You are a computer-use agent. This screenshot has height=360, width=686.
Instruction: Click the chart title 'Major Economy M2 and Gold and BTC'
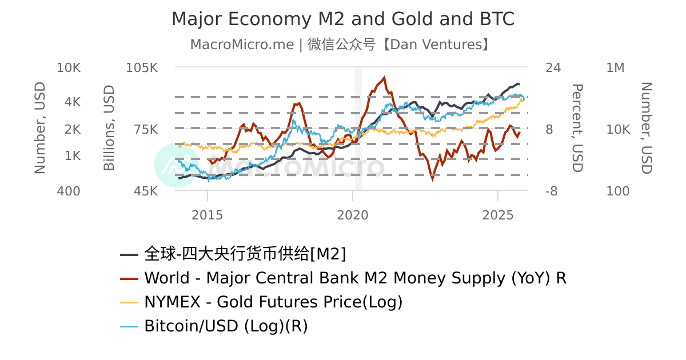click(343, 19)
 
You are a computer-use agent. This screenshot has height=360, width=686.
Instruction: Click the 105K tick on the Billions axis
click(142, 68)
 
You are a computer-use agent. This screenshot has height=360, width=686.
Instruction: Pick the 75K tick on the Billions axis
click(145, 129)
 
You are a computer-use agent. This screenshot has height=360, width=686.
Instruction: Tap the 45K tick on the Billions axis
click(145, 191)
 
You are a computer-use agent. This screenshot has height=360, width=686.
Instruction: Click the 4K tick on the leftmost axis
click(73, 102)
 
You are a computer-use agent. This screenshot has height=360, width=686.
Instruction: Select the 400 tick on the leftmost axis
click(69, 191)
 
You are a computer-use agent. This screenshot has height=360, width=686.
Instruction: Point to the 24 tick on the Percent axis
click(553, 68)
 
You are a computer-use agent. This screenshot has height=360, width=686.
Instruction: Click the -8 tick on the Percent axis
click(551, 191)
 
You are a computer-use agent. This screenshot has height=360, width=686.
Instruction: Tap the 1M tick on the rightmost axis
click(615, 68)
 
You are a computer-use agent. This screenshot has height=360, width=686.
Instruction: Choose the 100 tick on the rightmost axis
click(617, 191)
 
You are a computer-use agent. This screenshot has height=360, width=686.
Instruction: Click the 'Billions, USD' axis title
click(109, 128)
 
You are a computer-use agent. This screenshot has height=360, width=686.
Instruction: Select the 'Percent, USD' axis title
click(577, 128)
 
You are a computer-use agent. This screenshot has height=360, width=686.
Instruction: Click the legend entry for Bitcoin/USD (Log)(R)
click(226, 326)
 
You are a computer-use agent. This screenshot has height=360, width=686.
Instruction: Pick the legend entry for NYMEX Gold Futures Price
click(273, 302)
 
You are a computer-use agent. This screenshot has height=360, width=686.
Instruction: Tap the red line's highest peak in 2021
click(384, 77)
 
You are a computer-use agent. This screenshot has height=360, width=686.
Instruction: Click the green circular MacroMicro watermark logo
click(177, 165)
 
